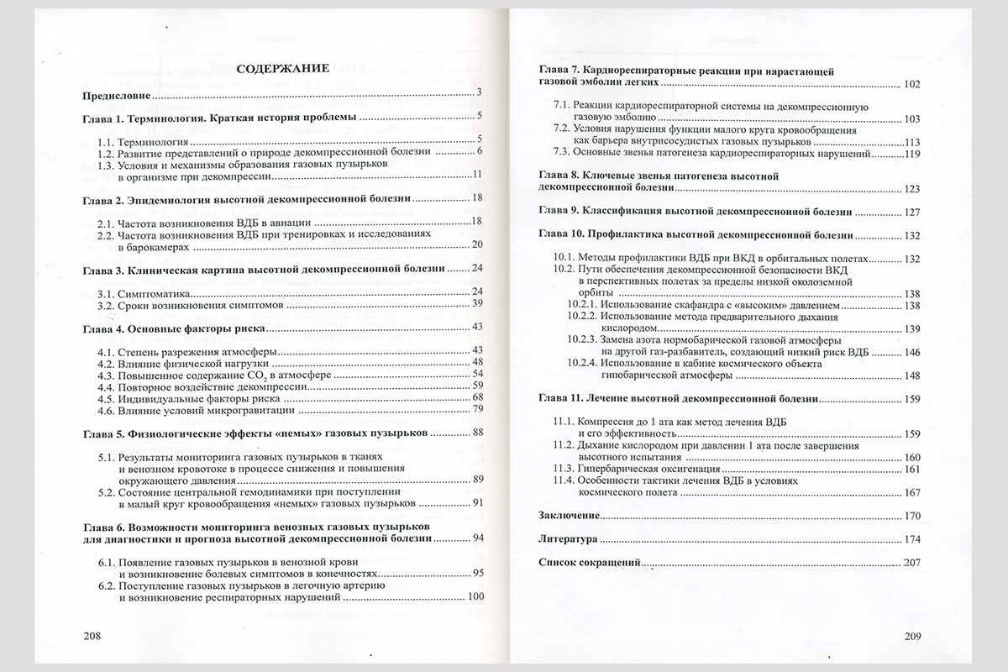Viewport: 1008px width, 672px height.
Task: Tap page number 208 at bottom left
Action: pos(93,636)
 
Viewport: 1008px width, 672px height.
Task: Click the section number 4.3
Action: pos(107,373)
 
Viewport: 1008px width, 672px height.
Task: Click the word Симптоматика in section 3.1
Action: pos(155,292)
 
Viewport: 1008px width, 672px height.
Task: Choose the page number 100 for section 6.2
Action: pos(475,597)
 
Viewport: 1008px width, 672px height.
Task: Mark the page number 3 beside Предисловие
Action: pos(477,92)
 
